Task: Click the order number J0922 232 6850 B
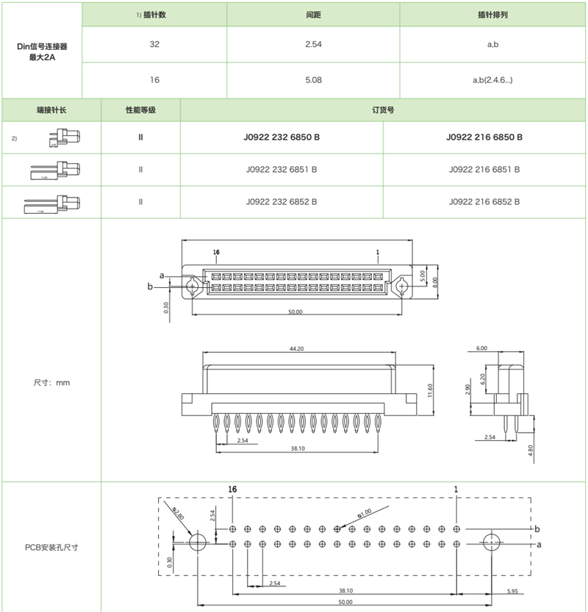point(282,137)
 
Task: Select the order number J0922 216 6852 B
point(484,202)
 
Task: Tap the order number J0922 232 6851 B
point(282,170)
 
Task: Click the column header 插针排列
point(493,15)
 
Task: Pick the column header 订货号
point(383,110)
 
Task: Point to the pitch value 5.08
point(313,79)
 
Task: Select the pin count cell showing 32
point(154,45)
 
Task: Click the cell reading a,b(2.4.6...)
point(493,79)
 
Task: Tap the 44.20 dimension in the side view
point(297,349)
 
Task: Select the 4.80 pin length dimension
point(532,449)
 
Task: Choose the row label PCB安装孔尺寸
point(51,547)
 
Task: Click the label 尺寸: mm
point(51,383)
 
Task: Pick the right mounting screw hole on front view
point(401,286)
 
